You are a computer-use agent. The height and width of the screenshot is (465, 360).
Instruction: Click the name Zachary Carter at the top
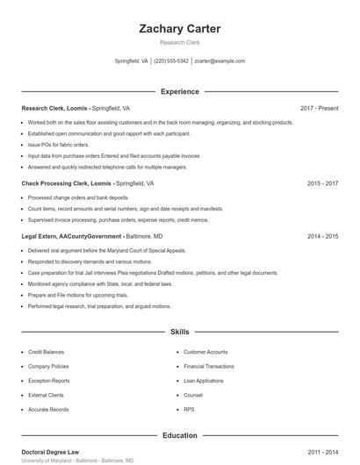click(180, 29)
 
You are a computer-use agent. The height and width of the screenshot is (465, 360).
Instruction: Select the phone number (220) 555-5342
click(171, 61)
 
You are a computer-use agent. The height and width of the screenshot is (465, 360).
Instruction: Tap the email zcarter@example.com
click(220, 61)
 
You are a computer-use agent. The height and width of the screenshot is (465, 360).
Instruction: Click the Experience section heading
click(180, 91)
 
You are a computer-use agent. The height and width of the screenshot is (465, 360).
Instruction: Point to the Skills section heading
click(180, 333)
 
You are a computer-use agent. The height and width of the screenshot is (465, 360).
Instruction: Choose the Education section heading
click(180, 435)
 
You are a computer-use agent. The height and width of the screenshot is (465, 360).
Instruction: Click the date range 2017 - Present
click(319, 108)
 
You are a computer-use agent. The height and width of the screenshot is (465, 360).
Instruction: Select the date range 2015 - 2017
click(322, 184)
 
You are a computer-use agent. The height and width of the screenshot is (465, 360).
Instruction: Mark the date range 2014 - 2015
click(322, 236)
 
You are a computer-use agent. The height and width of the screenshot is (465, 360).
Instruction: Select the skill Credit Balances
click(46, 352)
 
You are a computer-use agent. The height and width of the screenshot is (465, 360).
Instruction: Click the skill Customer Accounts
click(205, 352)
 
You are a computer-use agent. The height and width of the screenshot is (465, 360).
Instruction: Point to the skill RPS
click(189, 410)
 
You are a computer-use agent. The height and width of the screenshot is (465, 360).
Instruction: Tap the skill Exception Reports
click(49, 381)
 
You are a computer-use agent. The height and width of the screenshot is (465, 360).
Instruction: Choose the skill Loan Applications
click(204, 381)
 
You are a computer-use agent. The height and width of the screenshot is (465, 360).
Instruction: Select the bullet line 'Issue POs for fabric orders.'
click(59, 144)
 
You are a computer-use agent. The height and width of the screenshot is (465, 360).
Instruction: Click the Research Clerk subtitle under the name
click(180, 42)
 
